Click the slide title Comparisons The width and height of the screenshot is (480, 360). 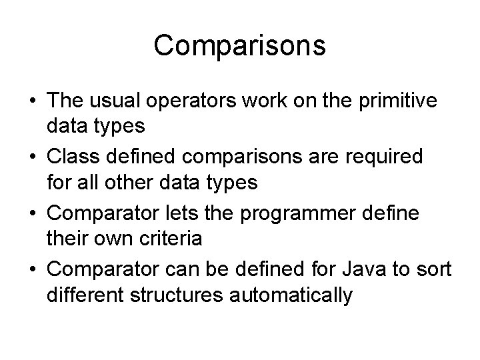(x=239, y=46)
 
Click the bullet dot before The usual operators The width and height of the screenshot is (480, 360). (x=32, y=101)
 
